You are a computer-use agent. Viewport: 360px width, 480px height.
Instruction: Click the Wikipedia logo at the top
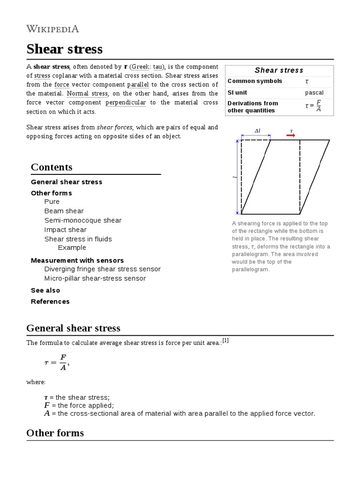click(x=52, y=29)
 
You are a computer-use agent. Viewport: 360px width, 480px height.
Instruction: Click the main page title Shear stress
click(x=64, y=49)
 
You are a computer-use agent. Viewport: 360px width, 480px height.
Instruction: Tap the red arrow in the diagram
click(x=291, y=135)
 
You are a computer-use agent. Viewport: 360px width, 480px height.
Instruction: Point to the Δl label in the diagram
click(x=257, y=131)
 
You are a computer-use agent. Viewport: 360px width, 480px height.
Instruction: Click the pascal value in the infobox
click(x=314, y=93)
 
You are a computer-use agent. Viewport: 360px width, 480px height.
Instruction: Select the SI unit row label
click(x=237, y=93)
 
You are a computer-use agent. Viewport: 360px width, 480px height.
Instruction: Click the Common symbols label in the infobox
click(x=255, y=81)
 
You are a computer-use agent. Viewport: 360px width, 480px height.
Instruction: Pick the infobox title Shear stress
click(x=279, y=70)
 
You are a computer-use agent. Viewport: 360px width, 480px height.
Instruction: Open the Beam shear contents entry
click(x=64, y=211)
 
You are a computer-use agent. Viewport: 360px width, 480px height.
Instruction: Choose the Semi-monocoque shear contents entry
click(x=82, y=220)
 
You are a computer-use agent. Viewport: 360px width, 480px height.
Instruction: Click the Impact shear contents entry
click(x=65, y=230)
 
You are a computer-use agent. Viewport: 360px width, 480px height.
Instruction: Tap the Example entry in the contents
click(x=72, y=247)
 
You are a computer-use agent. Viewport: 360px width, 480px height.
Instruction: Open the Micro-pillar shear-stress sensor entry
click(x=95, y=278)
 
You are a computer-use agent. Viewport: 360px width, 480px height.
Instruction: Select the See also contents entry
click(x=45, y=290)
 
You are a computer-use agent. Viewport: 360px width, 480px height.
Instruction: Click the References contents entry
click(x=50, y=301)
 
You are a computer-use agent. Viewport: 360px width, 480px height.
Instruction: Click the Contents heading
click(x=52, y=167)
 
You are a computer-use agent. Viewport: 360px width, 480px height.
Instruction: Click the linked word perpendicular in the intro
click(x=126, y=102)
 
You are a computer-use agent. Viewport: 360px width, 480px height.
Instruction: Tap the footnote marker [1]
click(x=225, y=341)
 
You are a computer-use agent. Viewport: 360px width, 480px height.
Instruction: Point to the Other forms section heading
click(x=55, y=433)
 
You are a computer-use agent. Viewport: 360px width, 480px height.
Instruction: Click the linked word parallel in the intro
click(x=138, y=84)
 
